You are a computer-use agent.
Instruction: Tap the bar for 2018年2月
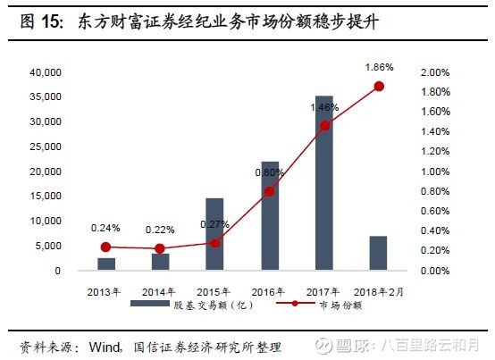point(379,253)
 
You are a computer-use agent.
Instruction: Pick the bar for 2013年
point(106,264)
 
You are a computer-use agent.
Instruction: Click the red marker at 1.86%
point(379,86)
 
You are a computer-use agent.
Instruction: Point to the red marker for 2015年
point(215,243)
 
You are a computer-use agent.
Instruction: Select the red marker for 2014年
point(160,248)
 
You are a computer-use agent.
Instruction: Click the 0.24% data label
point(105,228)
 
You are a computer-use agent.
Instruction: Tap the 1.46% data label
point(324,107)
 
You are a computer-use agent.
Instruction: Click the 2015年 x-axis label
point(215,291)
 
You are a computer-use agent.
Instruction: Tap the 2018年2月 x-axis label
point(379,291)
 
